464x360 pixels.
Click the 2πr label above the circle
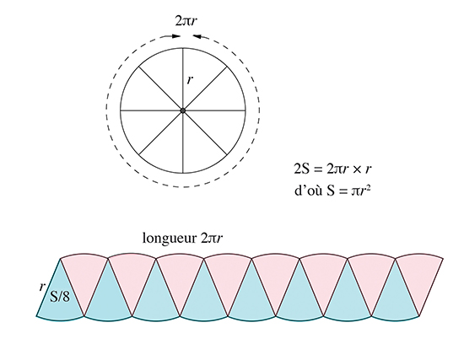tap(186, 21)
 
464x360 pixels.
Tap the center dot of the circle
tap(183, 110)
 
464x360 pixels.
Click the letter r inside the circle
tap(191, 80)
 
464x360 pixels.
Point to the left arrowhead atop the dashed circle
tap(176, 36)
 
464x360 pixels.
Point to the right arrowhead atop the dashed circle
tap(197, 36)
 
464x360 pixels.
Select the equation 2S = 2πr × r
tap(332, 169)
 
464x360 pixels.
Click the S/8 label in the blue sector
tap(60, 296)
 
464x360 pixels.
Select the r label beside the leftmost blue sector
tap(42, 287)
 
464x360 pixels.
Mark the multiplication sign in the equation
tap(356, 169)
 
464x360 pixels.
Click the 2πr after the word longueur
tap(212, 238)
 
